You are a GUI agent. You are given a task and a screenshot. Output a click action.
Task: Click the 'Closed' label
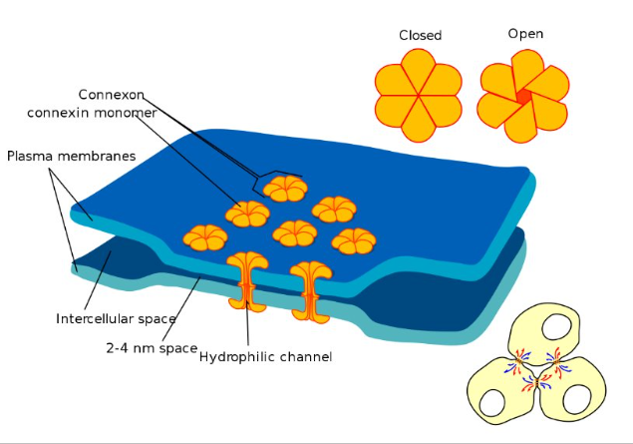point(420,35)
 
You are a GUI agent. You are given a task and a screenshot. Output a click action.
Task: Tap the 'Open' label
point(525,34)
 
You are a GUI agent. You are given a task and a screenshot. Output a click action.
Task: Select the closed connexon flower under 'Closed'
point(418,97)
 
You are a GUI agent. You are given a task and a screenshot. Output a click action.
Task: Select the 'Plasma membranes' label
point(71,157)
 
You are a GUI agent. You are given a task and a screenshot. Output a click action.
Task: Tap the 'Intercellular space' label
point(116,319)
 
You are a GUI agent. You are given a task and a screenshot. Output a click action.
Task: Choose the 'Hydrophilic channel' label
point(265,356)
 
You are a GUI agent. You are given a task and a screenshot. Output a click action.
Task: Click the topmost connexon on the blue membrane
point(286,187)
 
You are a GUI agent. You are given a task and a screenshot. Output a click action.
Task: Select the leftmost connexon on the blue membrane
point(205,236)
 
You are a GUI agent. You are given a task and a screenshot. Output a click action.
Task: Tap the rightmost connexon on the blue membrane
point(353,240)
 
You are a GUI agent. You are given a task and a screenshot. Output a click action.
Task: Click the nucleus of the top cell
point(544,329)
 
